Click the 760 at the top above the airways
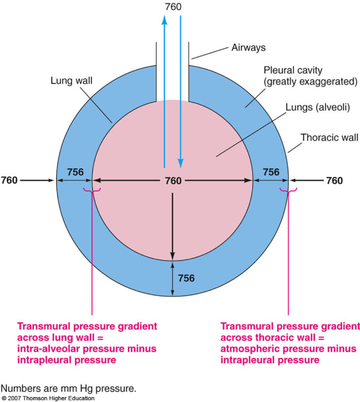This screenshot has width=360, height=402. click(173, 7)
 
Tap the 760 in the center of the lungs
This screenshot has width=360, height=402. click(173, 181)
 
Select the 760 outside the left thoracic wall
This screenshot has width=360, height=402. click(9, 180)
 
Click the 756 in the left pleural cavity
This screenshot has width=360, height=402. click(75, 172)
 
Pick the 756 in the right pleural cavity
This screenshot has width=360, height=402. click(271, 172)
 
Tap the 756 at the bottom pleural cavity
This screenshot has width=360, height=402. click(186, 278)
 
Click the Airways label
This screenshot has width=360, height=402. click(249, 47)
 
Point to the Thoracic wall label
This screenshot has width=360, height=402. click(329, 138)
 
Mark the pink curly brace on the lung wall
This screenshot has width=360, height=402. click(92, 190)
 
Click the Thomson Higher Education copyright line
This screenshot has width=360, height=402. click(48, 398)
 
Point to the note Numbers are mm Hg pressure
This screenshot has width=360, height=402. click(69, 388)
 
